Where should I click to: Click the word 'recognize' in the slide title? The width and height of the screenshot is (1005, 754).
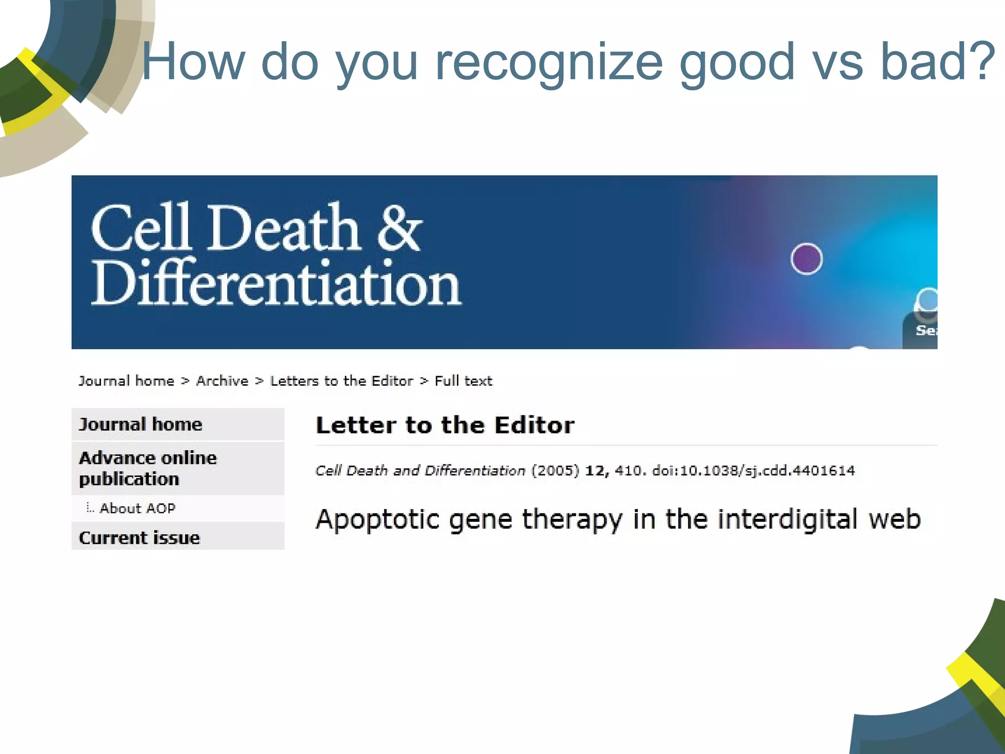[x=549, y=62]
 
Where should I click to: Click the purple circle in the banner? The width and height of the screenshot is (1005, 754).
[x=806, y=259]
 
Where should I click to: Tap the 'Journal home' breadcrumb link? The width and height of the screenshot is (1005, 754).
[x=127, y=381]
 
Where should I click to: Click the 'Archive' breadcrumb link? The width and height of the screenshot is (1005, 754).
[x=222, y=381]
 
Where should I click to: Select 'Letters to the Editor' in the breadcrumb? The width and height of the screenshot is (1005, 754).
[x=342, y=381]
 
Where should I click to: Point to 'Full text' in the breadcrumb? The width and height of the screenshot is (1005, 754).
[x=463, y=381]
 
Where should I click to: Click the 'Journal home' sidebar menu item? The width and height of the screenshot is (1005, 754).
[x=141, y=424]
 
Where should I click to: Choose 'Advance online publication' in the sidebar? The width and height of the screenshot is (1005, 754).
[x=147, y=468]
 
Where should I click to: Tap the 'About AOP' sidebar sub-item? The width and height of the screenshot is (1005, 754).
[x=137, y=508]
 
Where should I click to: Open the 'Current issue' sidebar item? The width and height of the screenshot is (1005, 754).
[x=140, y=538]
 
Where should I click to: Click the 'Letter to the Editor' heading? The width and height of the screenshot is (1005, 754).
[x=445, y=425]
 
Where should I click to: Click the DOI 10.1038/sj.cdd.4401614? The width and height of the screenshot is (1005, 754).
[x=753, y=471]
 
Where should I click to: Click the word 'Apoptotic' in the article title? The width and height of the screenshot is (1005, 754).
[x=377, y=519]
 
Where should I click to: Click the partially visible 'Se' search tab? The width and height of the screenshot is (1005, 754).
[x=925, y=330]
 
